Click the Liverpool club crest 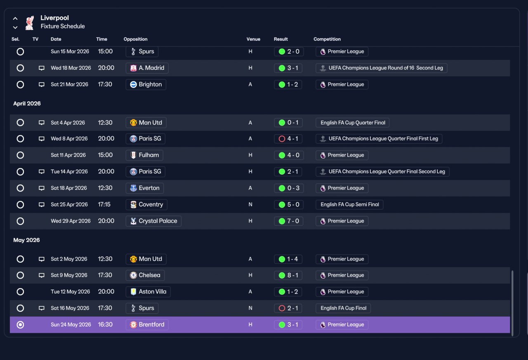(30, 23)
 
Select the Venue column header (253, 39)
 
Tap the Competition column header (327, 39)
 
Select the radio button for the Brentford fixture (20, 324)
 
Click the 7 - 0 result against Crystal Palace (289, 221)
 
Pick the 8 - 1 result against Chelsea (288, 275)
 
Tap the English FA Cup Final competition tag (343, 308)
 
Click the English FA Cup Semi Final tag (349, 204)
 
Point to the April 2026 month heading (27, 104)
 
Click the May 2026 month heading (26, 240)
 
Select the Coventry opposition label (146, 204)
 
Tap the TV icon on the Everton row (42, 188)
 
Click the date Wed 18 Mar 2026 (71, 68)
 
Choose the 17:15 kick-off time (104, 204)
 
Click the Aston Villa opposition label (148, 292)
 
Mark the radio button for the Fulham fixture (20, 155)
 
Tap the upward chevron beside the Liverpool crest (15, 19)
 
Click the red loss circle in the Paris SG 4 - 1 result (282, 139)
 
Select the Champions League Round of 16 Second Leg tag (382, 68)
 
